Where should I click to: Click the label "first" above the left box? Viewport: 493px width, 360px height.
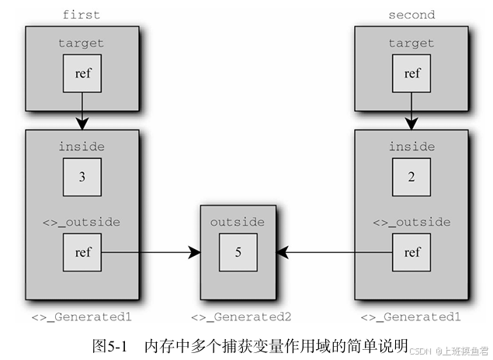(x=82, y=14)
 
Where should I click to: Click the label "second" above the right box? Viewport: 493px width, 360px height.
(x=411, y=14)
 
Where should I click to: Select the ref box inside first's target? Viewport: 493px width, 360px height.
(x=82, y=74)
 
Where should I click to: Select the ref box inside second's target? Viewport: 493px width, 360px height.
(x=412, y=74)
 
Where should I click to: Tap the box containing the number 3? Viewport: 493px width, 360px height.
(x=82, y=176)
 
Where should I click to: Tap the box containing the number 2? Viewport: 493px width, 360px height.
(x=412, y=176)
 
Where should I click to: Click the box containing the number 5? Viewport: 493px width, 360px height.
(x=238, y=252)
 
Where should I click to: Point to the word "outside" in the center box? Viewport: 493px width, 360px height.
(x=238, y=222)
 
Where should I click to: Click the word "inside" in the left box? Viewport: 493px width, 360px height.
(x=82, y=146)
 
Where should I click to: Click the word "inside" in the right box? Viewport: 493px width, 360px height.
(x=411, y=146)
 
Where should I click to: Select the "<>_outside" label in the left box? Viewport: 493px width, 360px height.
(x=82, y=222)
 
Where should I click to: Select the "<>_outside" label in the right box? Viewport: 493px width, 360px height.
(x=411, y=222)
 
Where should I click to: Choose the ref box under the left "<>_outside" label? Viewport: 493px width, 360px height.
(x=82, y=252)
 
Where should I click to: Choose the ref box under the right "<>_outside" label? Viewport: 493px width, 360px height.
(x=412, y=252)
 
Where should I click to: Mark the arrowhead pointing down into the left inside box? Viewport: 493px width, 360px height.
(x=82, y=124)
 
